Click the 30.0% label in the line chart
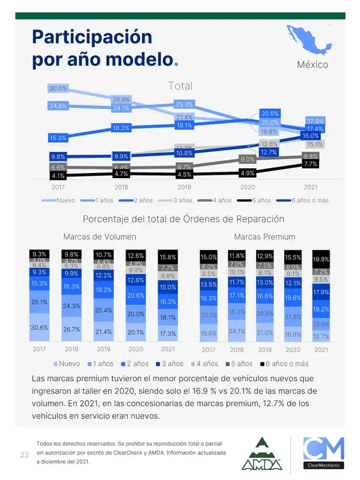[58, 89]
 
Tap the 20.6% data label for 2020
[269, 113]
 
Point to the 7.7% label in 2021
[310, 164]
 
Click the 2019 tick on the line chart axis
[184, 187]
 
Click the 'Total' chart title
[180, 86]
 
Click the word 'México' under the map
[312, 64]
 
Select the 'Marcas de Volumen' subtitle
[100, 237]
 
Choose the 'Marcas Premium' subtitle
[264, 237]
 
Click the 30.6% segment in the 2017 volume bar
[40, 328]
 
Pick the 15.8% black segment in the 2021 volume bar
[167, 257]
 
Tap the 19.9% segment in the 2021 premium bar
[321, 259]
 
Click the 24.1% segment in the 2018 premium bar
[237, 331]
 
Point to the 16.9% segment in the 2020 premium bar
[293, 334]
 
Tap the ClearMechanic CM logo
[323, 454]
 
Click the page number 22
[25, 455]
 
